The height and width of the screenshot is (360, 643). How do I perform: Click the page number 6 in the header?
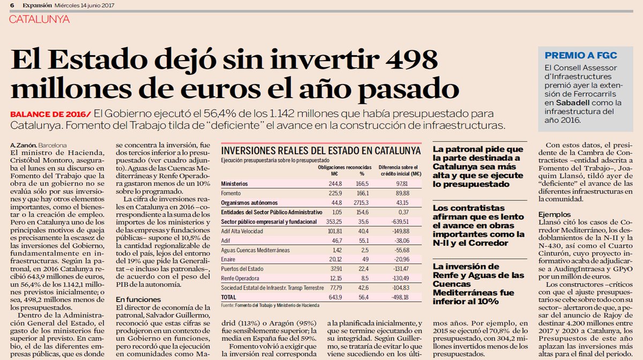tap(11, 5)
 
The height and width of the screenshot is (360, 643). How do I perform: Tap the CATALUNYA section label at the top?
tap(40, 19)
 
